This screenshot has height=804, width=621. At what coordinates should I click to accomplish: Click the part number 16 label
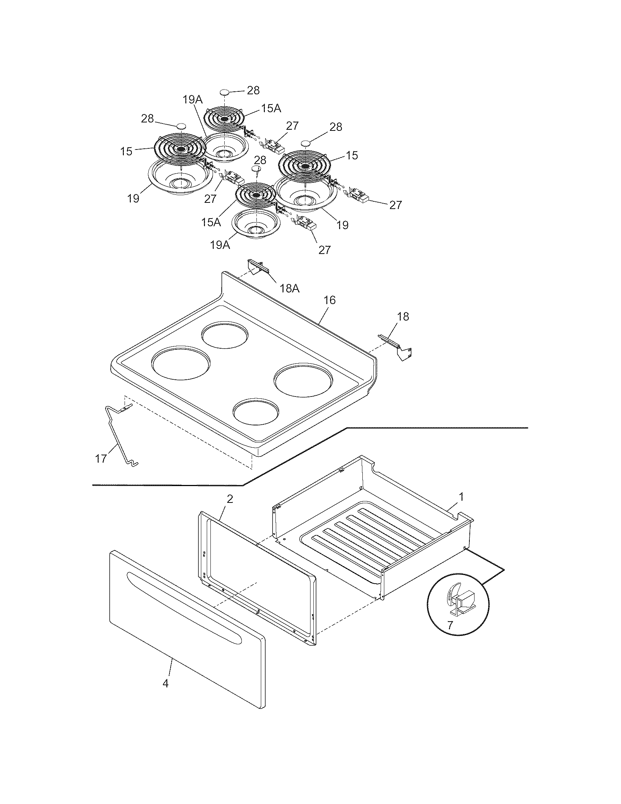[x=329, y=300]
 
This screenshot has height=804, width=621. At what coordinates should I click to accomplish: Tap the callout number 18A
[x=290, y=289]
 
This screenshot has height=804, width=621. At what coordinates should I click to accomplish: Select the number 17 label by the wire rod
[x=101, y=459]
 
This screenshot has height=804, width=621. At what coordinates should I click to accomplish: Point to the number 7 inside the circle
[x=450, y=625]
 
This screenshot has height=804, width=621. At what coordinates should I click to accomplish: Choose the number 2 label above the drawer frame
[x=229, y=499]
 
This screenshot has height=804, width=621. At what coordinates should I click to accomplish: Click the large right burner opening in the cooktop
[x=304, y=380]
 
